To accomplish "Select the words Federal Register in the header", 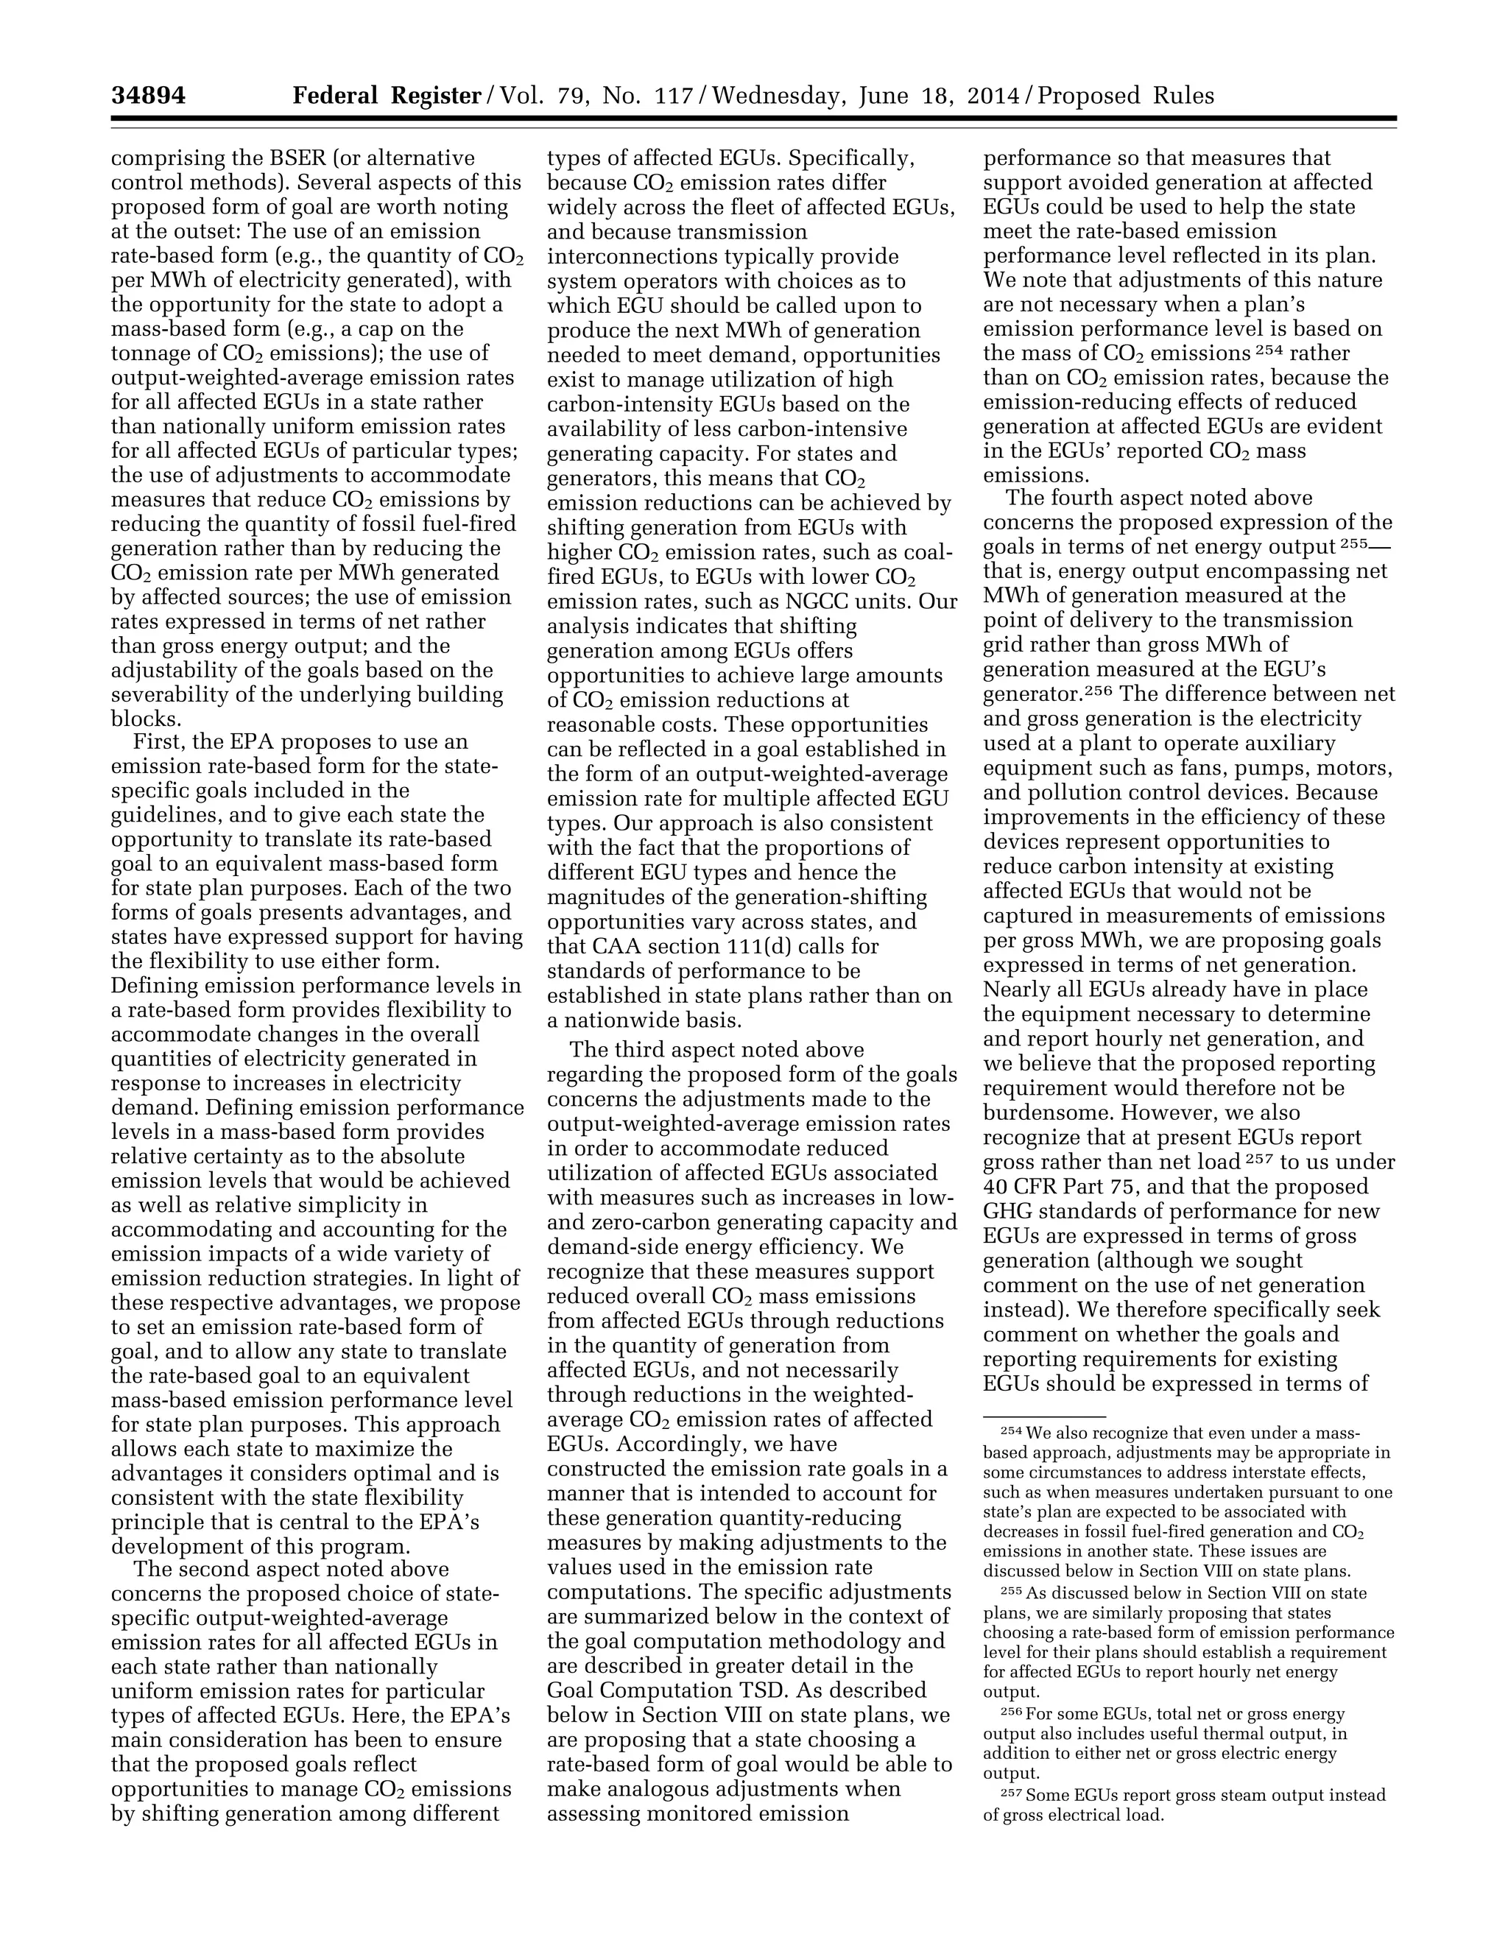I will pyautogui.click(x=387, y=96).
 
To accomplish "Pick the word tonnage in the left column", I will pyautogui.click(x=149, y=353).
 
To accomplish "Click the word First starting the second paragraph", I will pyautogui.click(x=158, y=742).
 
